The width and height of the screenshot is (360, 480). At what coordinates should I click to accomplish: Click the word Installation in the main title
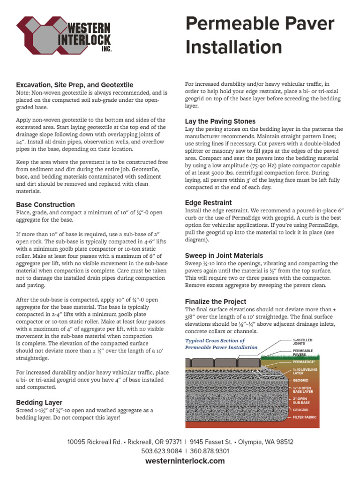234,47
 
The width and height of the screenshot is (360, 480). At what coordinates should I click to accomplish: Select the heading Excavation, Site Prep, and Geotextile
75,85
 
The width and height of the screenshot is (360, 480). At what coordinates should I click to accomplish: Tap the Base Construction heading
45,204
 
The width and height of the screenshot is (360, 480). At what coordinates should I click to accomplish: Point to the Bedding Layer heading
39,402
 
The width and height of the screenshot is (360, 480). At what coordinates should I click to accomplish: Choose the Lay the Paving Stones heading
220,121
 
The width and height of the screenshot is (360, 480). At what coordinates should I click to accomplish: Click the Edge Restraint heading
208,202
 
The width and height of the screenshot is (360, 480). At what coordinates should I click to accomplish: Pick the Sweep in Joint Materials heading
224,255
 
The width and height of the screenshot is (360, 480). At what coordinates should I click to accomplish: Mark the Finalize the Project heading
216,301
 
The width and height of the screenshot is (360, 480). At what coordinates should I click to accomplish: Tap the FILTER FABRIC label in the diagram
305,417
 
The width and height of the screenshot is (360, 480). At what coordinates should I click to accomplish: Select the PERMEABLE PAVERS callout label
303,352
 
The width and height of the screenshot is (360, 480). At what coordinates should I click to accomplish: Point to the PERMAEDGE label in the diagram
304,362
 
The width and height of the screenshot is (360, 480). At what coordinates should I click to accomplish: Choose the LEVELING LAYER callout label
303,371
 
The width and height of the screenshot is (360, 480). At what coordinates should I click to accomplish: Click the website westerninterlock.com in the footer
185,461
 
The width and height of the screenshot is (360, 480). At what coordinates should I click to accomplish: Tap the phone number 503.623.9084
161,451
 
